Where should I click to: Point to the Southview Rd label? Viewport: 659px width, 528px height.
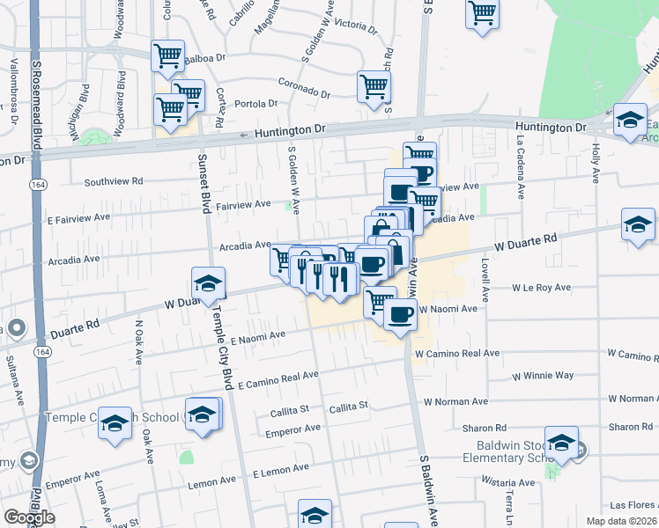coord(114,182)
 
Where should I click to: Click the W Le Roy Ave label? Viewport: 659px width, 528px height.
coord(543,288)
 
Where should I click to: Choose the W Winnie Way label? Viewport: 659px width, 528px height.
coord(543,376)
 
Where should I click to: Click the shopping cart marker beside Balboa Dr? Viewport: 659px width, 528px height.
coord(167,56)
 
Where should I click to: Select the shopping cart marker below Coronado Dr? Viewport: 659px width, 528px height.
coord(374,87)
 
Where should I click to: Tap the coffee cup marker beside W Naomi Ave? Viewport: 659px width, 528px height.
coord(401,313)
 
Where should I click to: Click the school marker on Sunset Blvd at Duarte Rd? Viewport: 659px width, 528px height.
coord(208,283)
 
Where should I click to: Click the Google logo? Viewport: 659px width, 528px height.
coord(29,517)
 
